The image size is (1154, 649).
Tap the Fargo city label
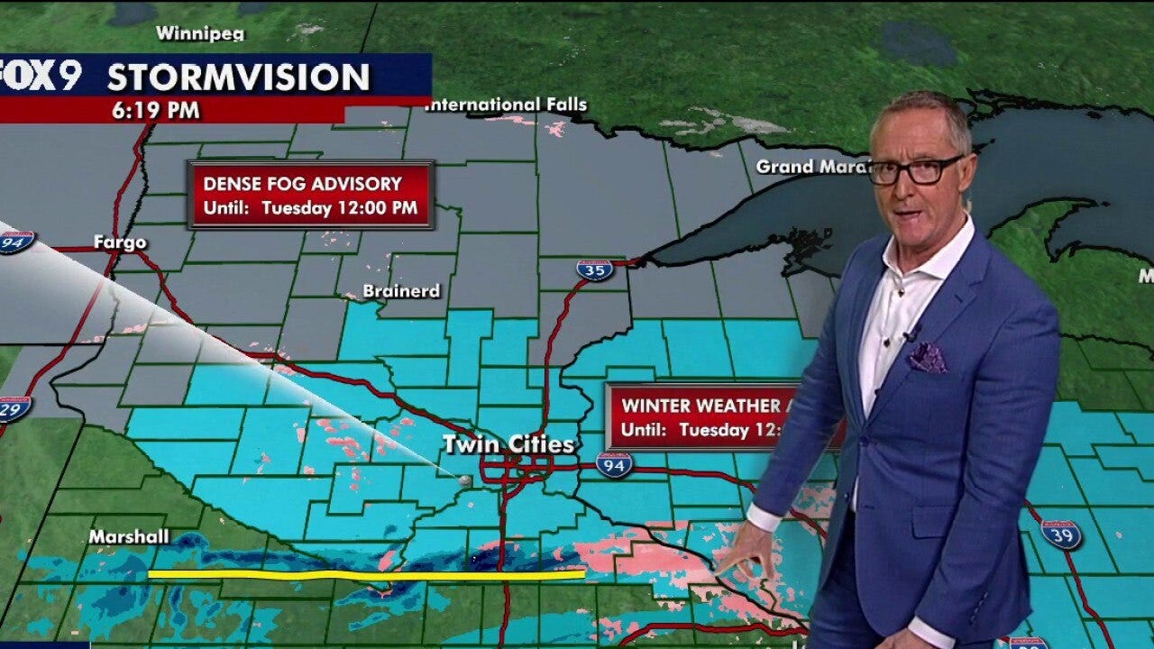tap(119, 242)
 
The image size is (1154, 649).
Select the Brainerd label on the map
tap(401, 291)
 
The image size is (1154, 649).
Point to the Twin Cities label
tap(508, 444)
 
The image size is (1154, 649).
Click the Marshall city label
tap(129, 537)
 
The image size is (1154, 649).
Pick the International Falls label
tap(507, 105)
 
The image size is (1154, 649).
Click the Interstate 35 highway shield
tap(595, 270)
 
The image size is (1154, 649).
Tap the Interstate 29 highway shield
tap(14, 407)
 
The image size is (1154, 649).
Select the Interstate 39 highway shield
tap(1060, 533)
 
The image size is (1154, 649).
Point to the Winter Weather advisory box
tap(694, 417)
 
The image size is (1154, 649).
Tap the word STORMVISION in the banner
tap(238, 78)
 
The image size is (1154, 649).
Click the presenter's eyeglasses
tap(915, 169)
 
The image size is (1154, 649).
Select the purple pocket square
tap(927, 358)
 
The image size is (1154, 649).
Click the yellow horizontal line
tap(366, 573)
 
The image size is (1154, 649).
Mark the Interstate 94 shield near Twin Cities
tap(614, 464)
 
